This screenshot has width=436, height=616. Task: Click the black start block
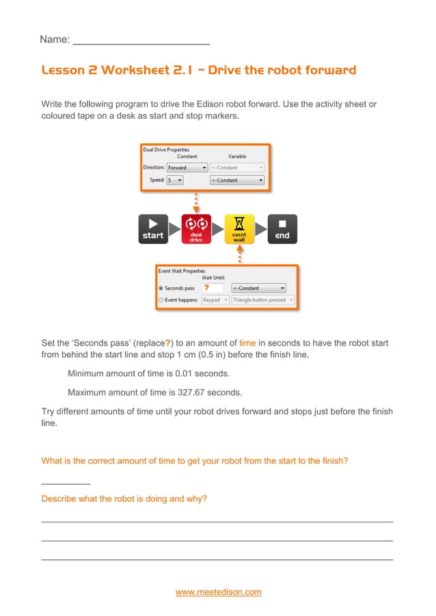point(153,229)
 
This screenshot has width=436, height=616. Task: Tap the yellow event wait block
point(239,229)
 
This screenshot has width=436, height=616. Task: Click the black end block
point(282,229)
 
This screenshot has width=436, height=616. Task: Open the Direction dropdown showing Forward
point(187,167)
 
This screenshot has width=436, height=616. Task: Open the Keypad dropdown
point(214,300)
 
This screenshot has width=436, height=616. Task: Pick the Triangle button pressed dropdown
point(262,300)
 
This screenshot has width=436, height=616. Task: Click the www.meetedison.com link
point(218,592)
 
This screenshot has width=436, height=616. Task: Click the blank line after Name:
point(141,40)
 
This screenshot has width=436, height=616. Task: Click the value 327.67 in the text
point(187,393)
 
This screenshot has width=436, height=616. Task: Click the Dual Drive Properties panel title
point(166,150)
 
